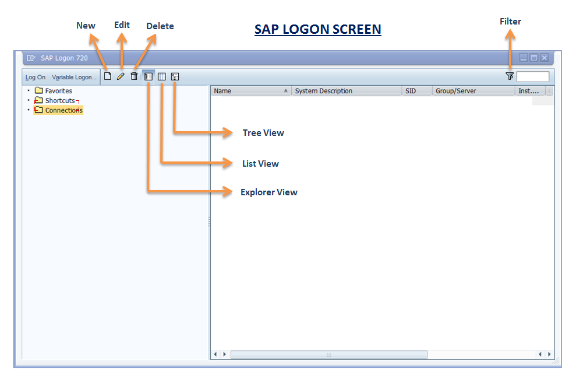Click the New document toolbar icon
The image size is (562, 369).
click(x=107, y=76)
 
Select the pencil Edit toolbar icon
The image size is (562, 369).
click(x=121, y=76)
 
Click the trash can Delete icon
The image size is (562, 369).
click(x=134, y=76)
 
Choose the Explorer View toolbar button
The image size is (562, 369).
click(x=149, y=76)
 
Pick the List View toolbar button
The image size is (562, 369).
click(x=162, y=76)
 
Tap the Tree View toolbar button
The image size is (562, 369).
click(x=175, y=76)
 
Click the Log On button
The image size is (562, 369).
click(x=36, y=78)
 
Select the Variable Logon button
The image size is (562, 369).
click(x=74, y=78)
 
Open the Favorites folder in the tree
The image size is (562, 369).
click(x=58, y=91)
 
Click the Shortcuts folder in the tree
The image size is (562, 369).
click(x=59, y=100)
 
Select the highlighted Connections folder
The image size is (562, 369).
click(x=63, y=110)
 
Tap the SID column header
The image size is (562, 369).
click(x=411, y=91)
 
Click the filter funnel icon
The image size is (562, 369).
click(x=510, y=76)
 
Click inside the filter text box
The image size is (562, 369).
click(x=532, y=76)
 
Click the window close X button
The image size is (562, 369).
click(x=544, y=58)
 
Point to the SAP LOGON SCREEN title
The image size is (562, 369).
click(x=318, y=29)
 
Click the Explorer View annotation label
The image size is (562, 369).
click(x=269, y=192)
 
